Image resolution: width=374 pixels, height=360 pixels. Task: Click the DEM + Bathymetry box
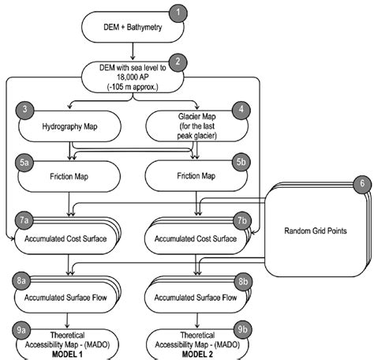pos(134,29)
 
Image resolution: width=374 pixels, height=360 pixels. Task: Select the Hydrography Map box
pos(69,126)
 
